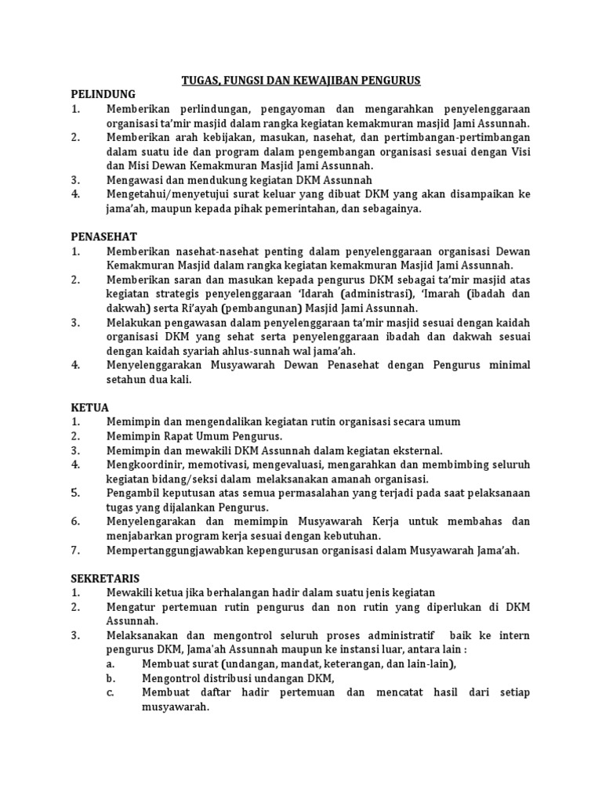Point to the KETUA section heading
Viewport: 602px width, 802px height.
point(89,407)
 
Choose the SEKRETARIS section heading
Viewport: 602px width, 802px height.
point(105,578)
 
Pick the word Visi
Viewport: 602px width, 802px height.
point(519,152)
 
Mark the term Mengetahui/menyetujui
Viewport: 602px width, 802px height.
point(170,194)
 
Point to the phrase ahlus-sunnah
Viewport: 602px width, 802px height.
point(263,351)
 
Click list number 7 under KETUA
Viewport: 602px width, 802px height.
point(75,550)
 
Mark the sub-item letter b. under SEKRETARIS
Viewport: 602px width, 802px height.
point(112,678)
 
